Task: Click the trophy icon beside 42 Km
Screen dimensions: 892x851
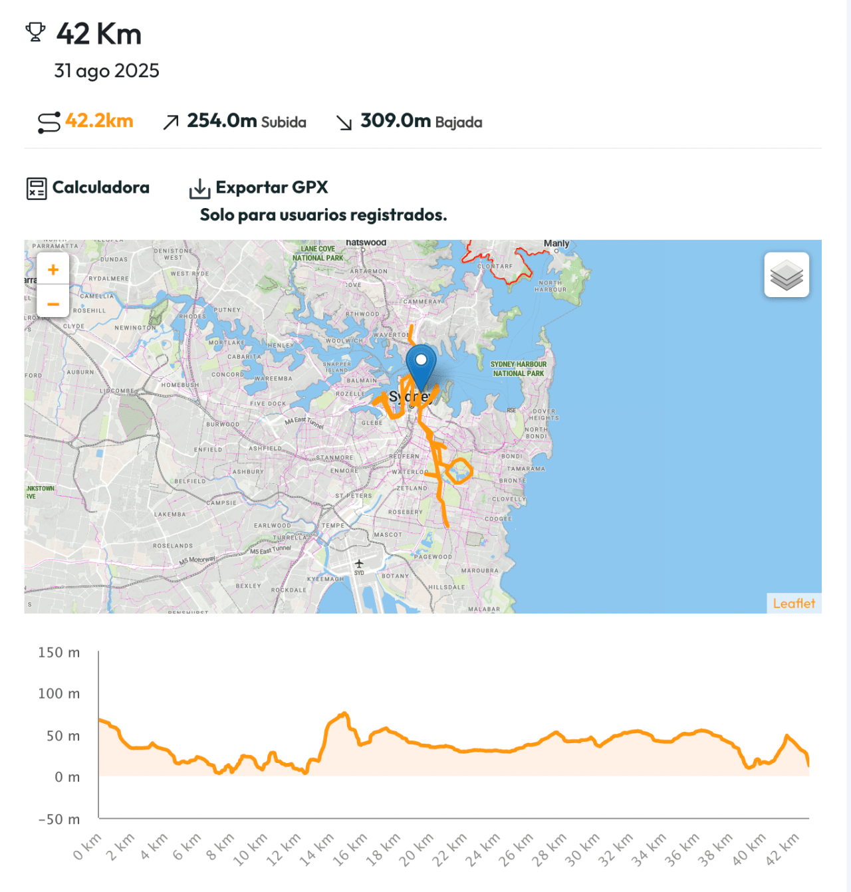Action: [x=35, y=32]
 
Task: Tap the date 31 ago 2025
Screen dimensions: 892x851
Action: [x=106, y=70]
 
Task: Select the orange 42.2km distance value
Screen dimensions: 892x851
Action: [x=99, y=121]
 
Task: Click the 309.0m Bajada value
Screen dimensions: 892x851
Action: [x=421, y=121]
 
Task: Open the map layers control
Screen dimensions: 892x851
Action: [x=787, y=275]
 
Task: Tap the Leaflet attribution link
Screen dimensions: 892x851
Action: [x=794, y=604]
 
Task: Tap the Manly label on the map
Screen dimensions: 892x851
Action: [x=556, y=244]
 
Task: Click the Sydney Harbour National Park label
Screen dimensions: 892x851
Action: [x=519, y=369]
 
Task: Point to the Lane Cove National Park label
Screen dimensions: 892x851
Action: [x=318, y=253]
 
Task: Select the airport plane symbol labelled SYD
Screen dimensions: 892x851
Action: [x=359, y=564]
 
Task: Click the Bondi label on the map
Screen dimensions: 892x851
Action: [x=512, y=457]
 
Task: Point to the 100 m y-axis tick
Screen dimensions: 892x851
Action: [x=59, y=694]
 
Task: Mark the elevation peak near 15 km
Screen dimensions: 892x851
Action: [x=344, y=714]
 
